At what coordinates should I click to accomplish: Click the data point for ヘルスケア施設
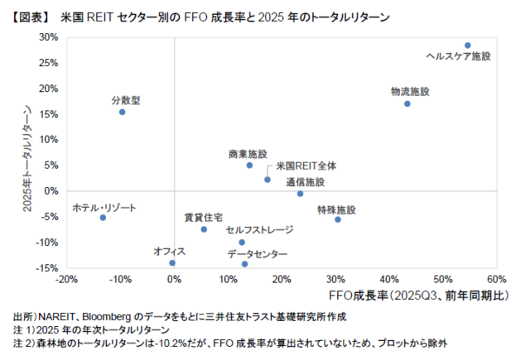pos(468,46)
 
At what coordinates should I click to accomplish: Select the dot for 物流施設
pos(407,103)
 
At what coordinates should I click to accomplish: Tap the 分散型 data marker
pos(122,112)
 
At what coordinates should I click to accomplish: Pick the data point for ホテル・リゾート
pos(103,218)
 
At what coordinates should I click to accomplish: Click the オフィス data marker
pos(172,263)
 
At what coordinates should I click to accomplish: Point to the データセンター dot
pos(244,264)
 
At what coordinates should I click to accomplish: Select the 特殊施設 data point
pos(338,219)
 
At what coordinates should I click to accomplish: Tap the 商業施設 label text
pos(248,154)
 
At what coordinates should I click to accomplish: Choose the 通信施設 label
pos(306,182)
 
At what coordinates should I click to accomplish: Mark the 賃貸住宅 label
pos(203,217)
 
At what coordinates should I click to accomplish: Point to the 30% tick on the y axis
pos(49,37)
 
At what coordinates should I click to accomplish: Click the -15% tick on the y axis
pos(46,268)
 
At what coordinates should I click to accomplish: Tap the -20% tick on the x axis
pos(67,279)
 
